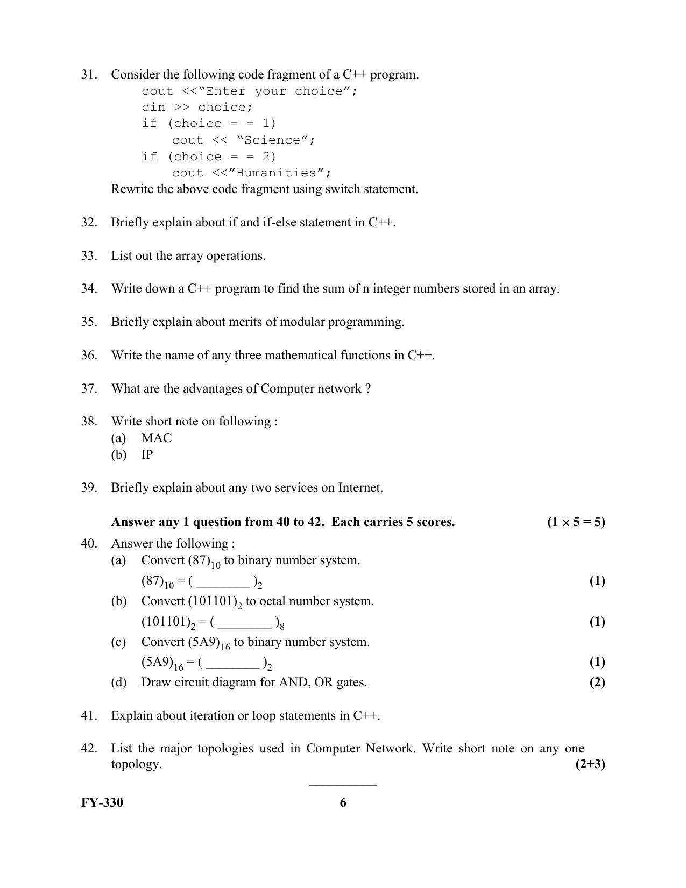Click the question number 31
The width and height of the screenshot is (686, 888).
pos(89,74)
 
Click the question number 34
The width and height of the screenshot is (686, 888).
pos(89,289)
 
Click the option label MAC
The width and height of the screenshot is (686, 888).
pos(157,438)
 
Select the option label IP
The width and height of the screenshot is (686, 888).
pos(147,455)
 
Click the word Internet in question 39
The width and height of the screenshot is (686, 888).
pos(360,488)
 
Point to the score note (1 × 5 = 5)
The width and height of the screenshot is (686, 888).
pos(576,522)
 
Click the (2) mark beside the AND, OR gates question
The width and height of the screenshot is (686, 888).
pos(597,683)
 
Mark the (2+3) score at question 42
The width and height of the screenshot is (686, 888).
pos(590,764)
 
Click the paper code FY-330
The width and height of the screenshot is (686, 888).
pos(102,803)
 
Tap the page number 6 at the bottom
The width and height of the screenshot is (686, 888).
pos(343,803)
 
